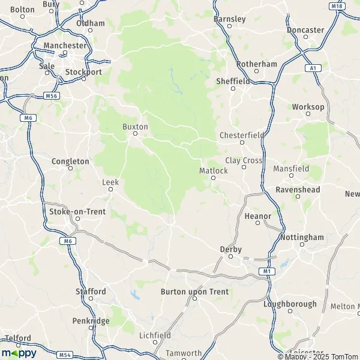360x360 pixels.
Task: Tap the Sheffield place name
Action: click(x=233, y=81)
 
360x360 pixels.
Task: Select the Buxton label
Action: click(x=135, y=127)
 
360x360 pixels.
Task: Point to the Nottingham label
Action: click(x=302, y=237)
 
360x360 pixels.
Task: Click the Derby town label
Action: click(x=230, y=248)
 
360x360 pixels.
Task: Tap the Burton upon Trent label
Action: click(x=194, y=292)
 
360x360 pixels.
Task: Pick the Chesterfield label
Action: click(x=242, y=135)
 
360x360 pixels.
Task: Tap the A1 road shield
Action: click(x=313, y=68)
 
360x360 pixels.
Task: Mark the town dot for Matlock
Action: click(x=213, y=178)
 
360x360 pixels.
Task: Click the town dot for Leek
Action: click(x=110, y=190)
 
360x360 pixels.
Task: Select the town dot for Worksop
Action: click(x=308, y=115)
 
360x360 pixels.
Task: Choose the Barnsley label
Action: click(x=230, y=19)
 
